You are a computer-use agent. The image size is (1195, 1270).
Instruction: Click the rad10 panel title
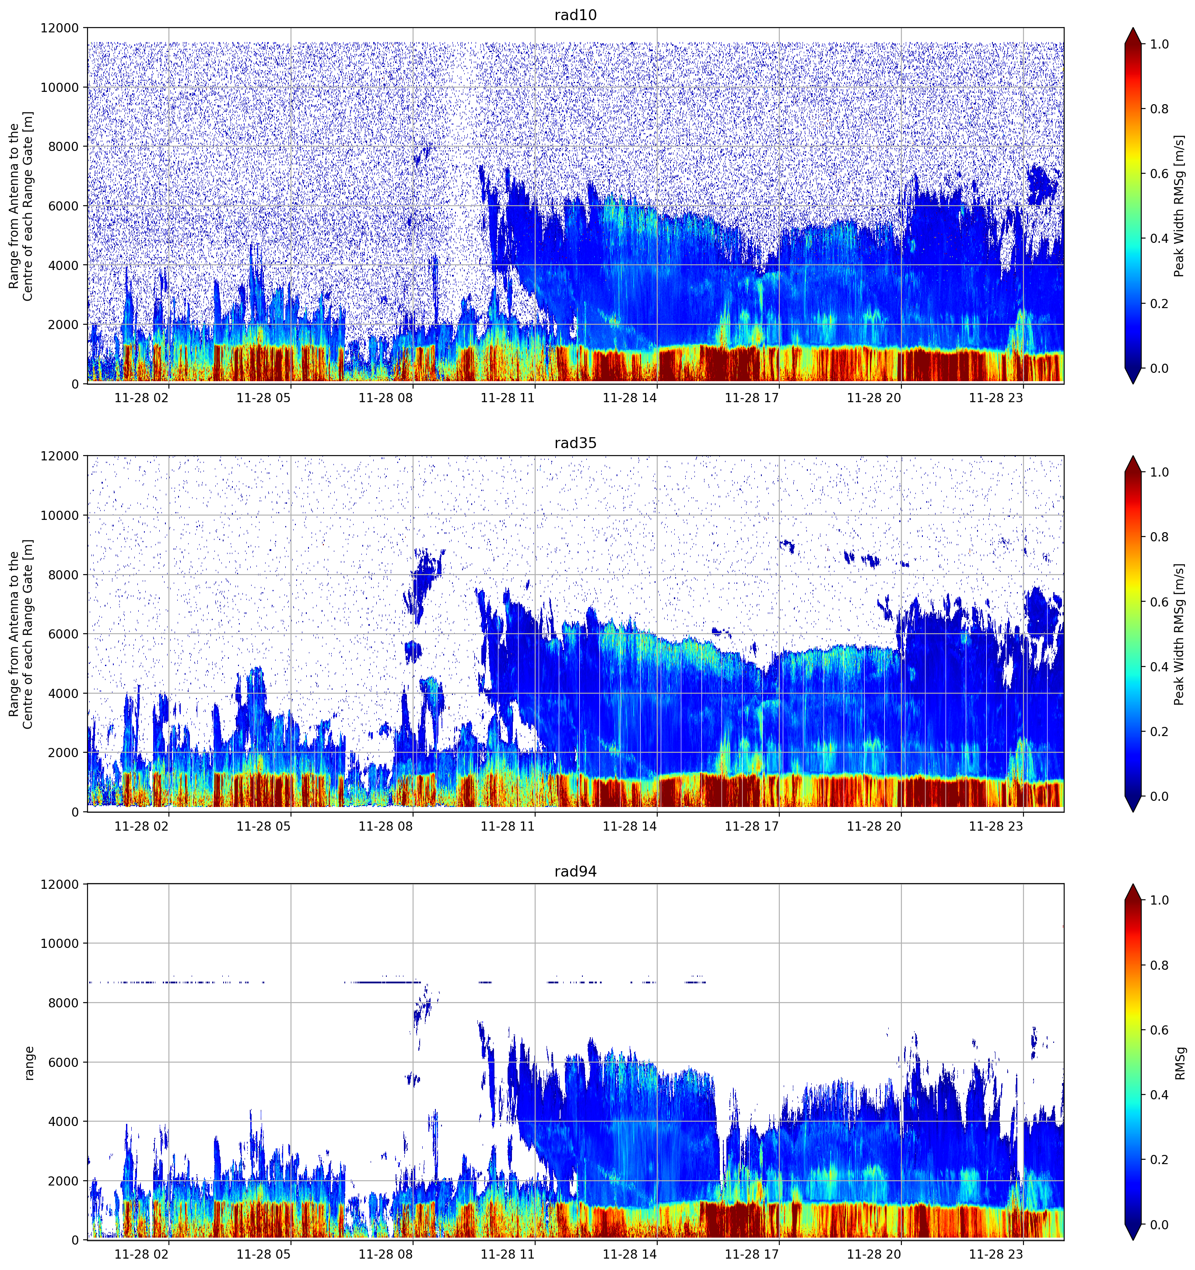click(x=575, y=15)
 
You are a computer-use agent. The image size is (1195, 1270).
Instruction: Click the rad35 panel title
click(x=575, y=443)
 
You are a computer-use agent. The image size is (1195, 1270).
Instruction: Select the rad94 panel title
click(x=575, y=871)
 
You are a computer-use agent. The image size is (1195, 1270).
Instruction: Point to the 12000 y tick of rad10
click(x=60, y=28)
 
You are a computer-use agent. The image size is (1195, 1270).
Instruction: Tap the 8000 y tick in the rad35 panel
click(x=63, y=575)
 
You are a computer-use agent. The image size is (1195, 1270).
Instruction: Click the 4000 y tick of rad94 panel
click(x=63, y=1122)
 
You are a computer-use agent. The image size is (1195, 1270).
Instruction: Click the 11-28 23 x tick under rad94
click(x=996, y=1255)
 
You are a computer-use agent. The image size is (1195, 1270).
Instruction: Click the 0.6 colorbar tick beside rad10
click(x=1159, y=174)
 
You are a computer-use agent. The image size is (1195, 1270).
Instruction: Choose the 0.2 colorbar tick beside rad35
click(x=1159, y=731)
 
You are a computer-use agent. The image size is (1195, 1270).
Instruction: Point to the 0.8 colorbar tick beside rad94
click(x=1159, y=965)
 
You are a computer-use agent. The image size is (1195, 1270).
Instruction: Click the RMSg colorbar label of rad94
click(x=1180, y=1063)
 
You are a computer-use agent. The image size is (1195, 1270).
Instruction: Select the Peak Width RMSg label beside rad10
click(x=1180, y=206)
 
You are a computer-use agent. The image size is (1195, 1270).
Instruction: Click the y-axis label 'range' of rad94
click(x=29, y=1063)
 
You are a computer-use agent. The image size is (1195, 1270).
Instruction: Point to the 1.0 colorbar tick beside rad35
click(x=1159, y=472)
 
